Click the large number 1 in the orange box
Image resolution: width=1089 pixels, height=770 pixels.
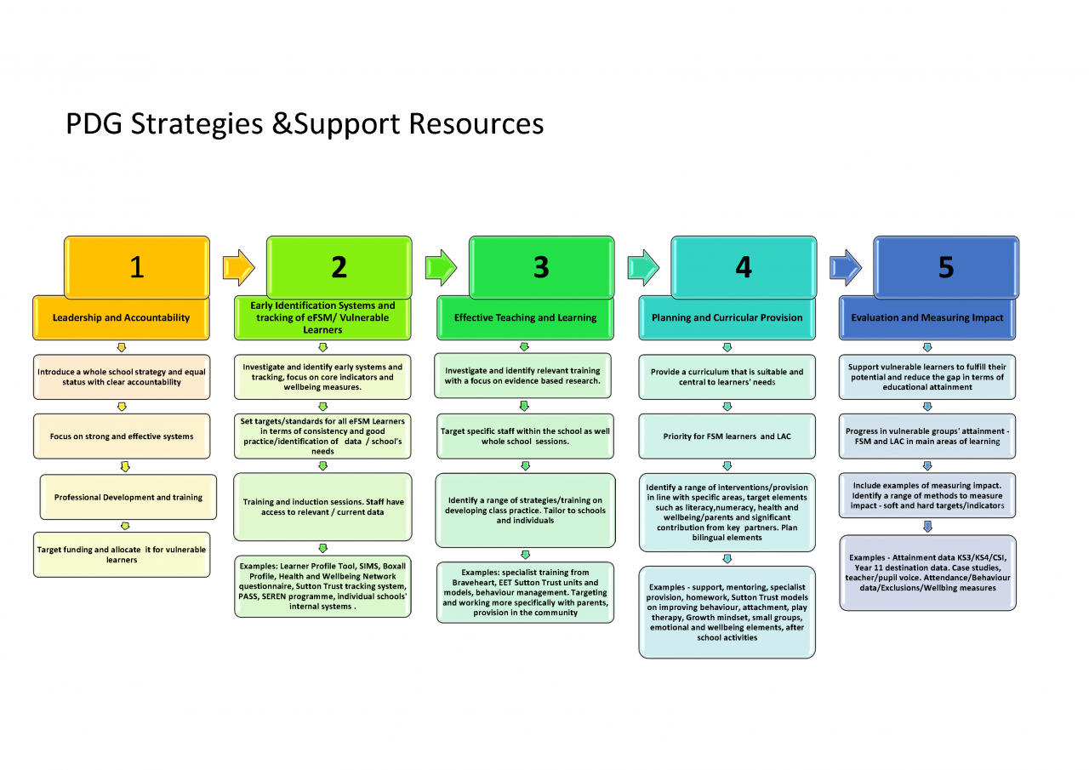tap(136, 267)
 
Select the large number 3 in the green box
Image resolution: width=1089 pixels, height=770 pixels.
tap(541, 267)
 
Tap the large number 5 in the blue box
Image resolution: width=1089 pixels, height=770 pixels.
tap(945, 267)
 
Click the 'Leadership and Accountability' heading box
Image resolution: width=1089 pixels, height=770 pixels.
tap(121, 318)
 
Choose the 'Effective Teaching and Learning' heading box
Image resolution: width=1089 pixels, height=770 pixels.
tap(525, 318)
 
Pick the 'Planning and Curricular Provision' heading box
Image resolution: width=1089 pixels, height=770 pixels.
tap(727, 318)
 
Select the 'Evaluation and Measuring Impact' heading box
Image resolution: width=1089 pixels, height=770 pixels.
tap(927, 318)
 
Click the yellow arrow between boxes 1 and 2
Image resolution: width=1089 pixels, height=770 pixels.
tap(238, 267)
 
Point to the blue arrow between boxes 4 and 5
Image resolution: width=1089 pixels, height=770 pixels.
tap(846, 267)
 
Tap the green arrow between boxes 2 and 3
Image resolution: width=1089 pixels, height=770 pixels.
tap(441, 267)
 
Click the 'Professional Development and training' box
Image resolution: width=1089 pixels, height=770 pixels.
tap(128, 497)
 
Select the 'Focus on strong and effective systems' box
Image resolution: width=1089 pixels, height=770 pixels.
tap(121, 436)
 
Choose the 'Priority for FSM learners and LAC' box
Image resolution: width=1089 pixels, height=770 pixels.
tap(727, 436)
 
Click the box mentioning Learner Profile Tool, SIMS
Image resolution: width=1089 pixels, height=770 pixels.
tap(322, 586)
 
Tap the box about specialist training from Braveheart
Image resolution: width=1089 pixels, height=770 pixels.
tap(525, 592)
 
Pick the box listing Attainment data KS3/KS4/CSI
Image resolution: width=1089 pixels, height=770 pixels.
tap(927, 573)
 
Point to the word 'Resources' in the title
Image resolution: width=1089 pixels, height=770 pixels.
tap(476, 124)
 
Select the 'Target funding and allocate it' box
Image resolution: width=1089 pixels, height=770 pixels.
tap(121, 555)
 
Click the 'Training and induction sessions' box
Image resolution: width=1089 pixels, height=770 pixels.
tap(322, 507)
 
